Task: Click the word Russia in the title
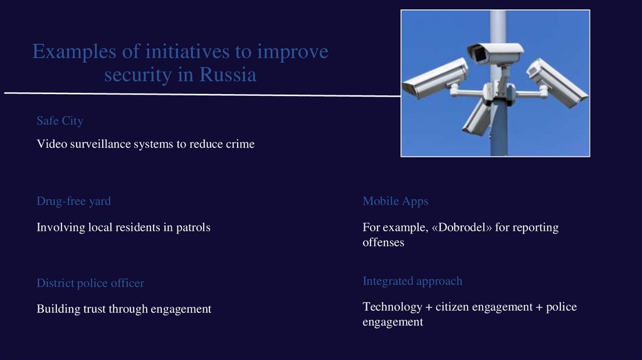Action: [x=228, y=75]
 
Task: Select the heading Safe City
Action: [x=60, y=120]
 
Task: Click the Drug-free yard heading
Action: [x=73, y=201]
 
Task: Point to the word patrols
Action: [x=192, y=228]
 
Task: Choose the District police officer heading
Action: [x=90, y=283]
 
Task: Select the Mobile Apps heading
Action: [x=395, y=201]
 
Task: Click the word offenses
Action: [x=383, y=242]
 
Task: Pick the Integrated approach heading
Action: [x=412, y=281]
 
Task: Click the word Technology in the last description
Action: [x=392, y=307]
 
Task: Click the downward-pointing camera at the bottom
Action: [x=476, y=118]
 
